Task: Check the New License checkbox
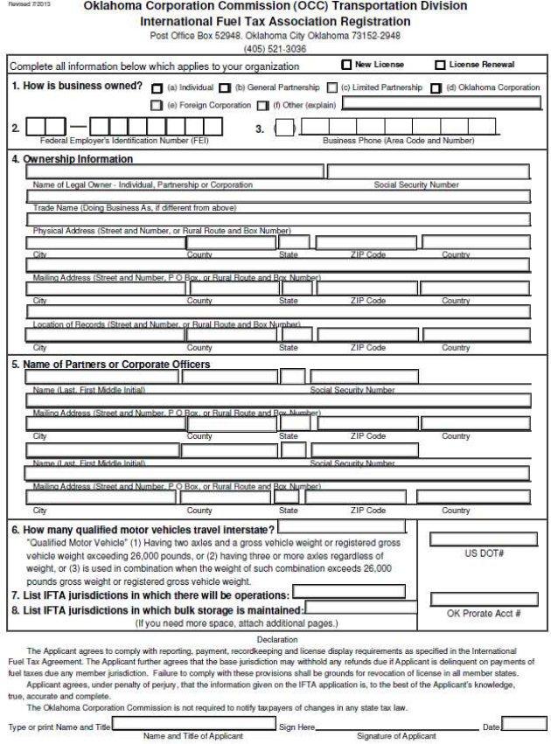click(x=346, y=65)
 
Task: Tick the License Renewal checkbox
click(x=440, y=65)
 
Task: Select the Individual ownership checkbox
click(x=157, y=88)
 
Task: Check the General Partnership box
click(x=225, y=88)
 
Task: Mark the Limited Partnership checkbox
click(x=332, y=88)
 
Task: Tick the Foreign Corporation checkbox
click(x=157, y=105)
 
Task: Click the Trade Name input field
click(x=278, y=197)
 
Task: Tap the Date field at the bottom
click(x=524, y=723)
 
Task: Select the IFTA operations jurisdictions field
click(x=360, y=593)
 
